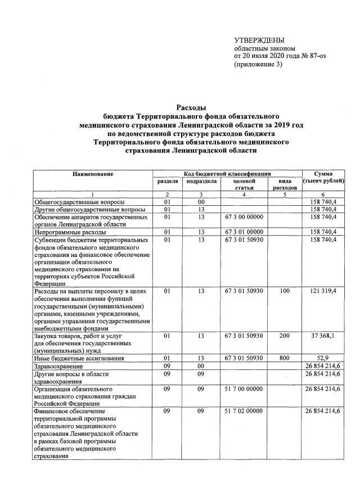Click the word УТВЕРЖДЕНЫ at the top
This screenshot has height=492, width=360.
click(259, 39)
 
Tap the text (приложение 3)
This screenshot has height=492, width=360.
click(258, 65)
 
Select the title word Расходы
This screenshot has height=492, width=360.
click(191, 107)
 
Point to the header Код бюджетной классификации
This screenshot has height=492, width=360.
click(228, 174)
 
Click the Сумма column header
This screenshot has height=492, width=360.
click(323, 174)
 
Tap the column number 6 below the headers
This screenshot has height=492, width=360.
click(323, 195)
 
